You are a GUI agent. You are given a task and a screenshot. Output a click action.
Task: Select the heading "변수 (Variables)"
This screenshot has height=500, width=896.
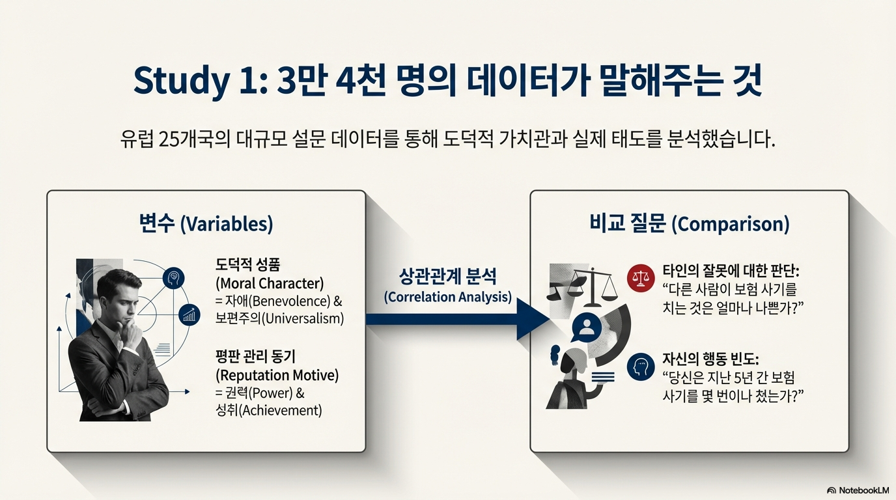[206, 224]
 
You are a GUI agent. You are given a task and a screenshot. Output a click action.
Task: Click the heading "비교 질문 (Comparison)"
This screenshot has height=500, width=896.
[689, 224]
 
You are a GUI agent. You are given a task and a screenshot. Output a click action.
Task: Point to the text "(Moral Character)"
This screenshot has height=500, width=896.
[269, 284]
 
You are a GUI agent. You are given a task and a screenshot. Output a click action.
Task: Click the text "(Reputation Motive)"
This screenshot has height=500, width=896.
[277, 375]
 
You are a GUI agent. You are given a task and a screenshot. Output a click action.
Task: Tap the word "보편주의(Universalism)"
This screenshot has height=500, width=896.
[280, 319]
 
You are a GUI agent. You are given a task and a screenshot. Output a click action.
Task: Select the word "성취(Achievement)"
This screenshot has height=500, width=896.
[268, 410]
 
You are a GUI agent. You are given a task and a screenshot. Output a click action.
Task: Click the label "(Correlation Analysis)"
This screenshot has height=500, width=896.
[448, 297]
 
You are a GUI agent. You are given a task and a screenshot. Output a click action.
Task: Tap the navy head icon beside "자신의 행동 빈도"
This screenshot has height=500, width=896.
[640, 367]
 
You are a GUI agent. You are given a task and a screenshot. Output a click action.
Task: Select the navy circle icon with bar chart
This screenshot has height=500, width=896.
[189, 315]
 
